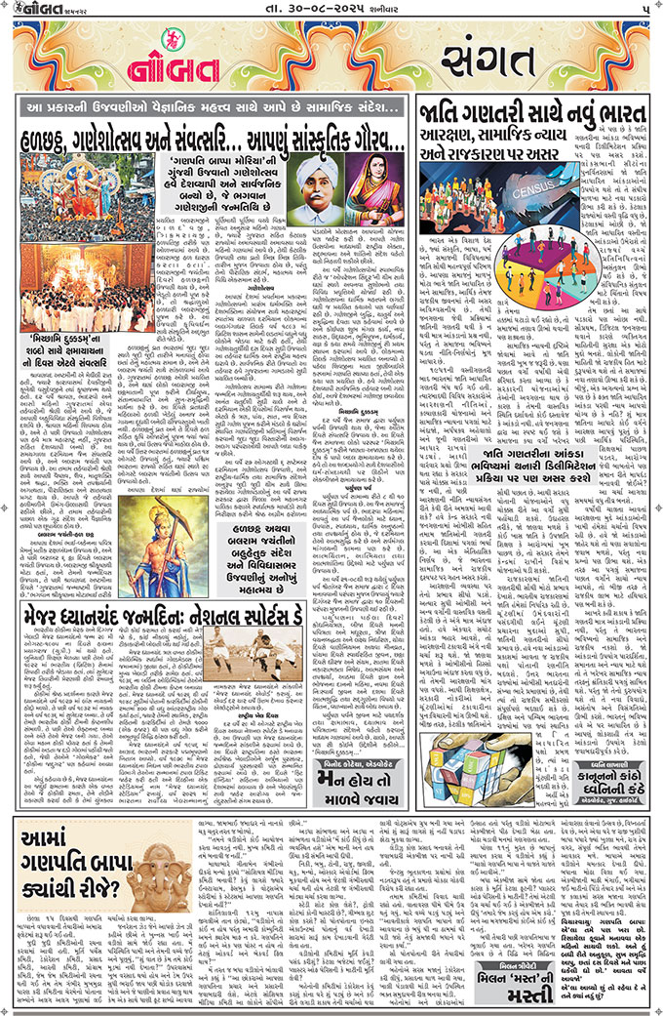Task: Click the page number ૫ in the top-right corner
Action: [647, 9]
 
